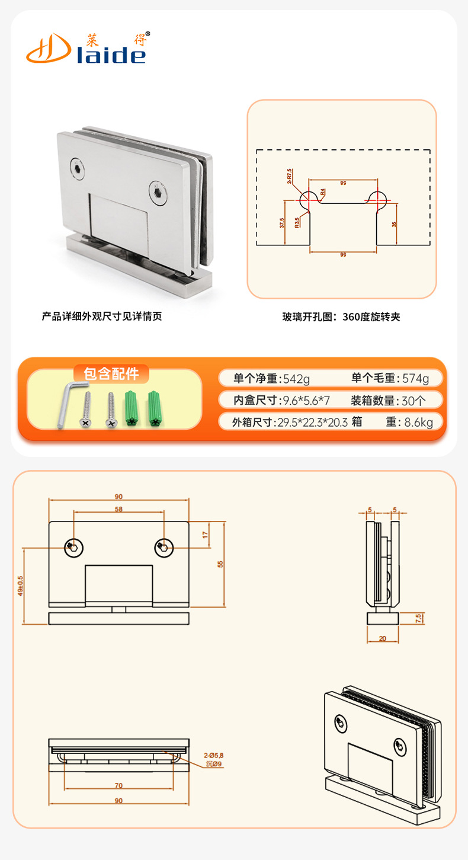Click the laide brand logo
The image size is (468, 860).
click(x=86, y=47)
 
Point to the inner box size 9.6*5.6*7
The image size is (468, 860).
click(x=306, y=400)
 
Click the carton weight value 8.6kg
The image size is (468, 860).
click(x=418, y=422)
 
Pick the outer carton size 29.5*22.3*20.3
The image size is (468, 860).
click(x=312, y=422)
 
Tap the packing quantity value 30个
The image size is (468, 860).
click(x=413, y=400)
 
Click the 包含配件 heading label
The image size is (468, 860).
click(x=111, y=374)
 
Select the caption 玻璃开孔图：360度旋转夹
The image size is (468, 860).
click(x=341, y=316)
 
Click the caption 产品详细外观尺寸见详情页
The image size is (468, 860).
click(x=102, y=316)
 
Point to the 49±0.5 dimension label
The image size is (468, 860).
click(x=20, y=586)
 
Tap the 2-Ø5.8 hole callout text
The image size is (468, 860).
click(x=213, y=755)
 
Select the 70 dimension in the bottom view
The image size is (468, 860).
click(x=118, y=785)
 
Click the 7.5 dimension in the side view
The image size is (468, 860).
click(x=418, y=618)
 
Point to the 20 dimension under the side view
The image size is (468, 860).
click(x=382, y=638)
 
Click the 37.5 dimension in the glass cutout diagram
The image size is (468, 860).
click(x=282, y=223)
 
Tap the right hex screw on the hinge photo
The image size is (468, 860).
click(x=158, y=193)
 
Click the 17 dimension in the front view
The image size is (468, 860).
click(x=205, y=535)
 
